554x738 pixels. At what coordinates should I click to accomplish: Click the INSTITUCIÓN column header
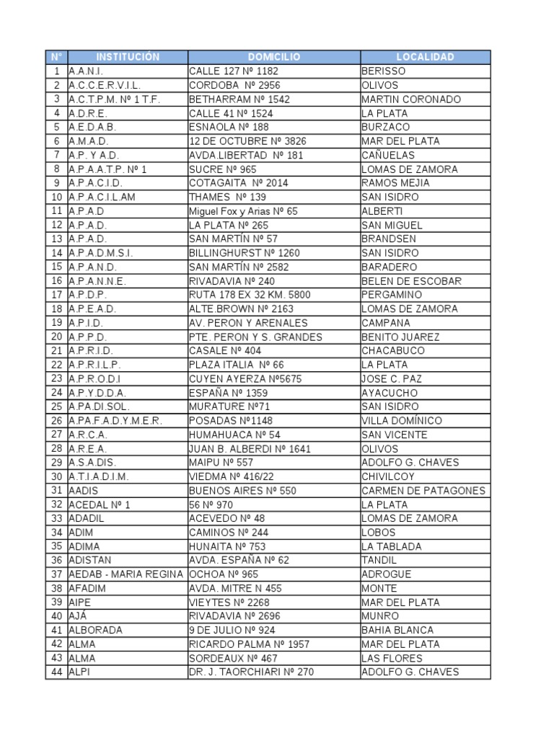click(x=127, y=57)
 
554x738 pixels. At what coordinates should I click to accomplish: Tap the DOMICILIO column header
click(x=274, y=57)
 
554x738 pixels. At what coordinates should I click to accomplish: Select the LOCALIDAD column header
click(x=425, y=57)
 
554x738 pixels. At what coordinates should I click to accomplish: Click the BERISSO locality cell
click(x=384, y=71)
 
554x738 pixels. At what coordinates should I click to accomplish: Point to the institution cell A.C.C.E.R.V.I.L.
click(x=105, y=85)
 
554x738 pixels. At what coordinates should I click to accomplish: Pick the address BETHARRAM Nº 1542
click(x=239, y=99)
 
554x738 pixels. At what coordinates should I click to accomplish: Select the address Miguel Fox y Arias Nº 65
click(x=243, y=211)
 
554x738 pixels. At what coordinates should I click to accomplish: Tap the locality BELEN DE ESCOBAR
click(x=411, y=281)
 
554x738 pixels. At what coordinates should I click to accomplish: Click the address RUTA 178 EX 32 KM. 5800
click(x=250, y=295)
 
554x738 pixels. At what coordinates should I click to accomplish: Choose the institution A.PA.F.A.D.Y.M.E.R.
click(x=115, y=421)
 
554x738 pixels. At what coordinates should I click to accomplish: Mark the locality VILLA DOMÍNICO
click(x=402, y=421)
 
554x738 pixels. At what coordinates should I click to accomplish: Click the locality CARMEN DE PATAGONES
click(x=423, y=491)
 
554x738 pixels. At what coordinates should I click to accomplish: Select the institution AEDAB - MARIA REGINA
click(x=127, y=574)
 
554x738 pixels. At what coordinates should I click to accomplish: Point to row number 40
click(x=56, y=616)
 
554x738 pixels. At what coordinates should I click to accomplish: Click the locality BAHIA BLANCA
click(x=393, y=630)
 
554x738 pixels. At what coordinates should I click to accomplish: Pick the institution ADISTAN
click(x=90, y=561)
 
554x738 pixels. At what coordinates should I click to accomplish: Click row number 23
click(x=56, y=378)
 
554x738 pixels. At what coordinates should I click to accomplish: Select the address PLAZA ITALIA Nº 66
click(x=237, y=365)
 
